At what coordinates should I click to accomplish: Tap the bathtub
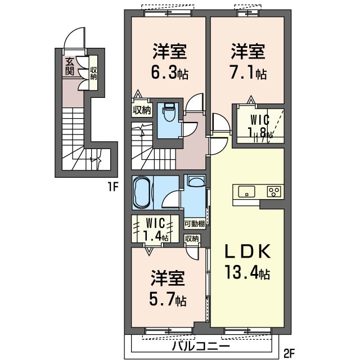pos(141,192)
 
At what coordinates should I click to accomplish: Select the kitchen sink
pos(246,191)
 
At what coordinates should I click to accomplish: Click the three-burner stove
pos(274,191)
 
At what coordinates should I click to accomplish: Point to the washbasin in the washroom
pos(196,180)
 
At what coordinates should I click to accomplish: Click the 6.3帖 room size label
pos(170,73)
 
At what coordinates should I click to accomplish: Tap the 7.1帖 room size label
pos(249,73)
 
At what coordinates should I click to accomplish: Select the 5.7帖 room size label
pos(168,299)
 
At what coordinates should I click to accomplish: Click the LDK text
pos(247,251)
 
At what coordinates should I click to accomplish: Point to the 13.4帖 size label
pos(247,272)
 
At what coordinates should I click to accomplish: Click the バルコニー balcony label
pos(201,346)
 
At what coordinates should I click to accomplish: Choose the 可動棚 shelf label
pos(195,224)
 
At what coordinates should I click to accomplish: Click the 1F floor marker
pos(112,187)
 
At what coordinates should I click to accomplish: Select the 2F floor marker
pos(289,354)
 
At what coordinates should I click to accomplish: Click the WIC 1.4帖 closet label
pos(156,229)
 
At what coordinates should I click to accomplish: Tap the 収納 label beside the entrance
pos(93,73)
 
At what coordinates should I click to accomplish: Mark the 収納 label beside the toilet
pos(142,110)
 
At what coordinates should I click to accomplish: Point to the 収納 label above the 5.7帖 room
pos(192,238)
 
